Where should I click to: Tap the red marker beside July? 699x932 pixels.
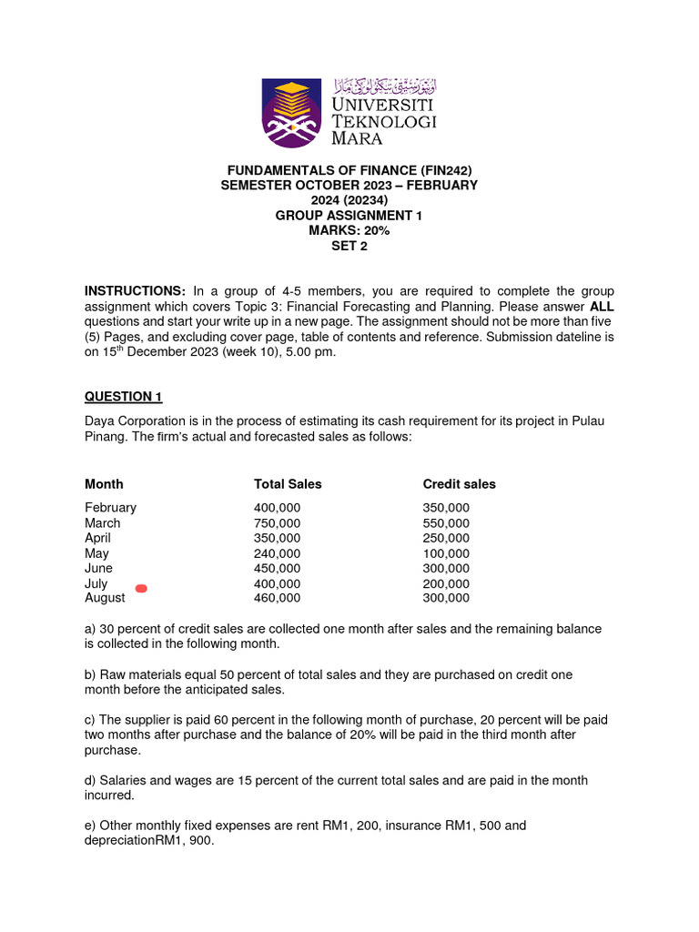click(x=141, y=589)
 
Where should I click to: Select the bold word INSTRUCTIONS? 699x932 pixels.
click(x=135, y=290)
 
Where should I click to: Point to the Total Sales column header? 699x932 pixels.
click(x=288, y=484)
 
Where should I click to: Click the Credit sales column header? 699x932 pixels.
click(x=459, y=484)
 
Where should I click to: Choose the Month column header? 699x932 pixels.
click(x=104, y=484)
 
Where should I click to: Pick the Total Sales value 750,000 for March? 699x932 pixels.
click(x=277, y=523)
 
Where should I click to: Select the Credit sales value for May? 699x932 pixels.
click(x=446, y=553)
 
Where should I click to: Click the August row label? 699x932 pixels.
click(x=105, y=598)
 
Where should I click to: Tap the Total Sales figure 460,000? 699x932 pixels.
click(x=277, y=598)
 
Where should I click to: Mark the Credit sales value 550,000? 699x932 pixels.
click(x=446, y=523)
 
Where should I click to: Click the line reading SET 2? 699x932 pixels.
click(x=349, y=246)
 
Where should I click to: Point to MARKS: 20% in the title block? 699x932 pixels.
click(x=349, y=230)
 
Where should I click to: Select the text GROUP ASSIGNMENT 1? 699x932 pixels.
click(x=349, y=216)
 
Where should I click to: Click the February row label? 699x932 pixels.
click(x=110, y=508)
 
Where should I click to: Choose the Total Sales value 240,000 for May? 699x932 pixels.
click(x=277, y=553)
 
